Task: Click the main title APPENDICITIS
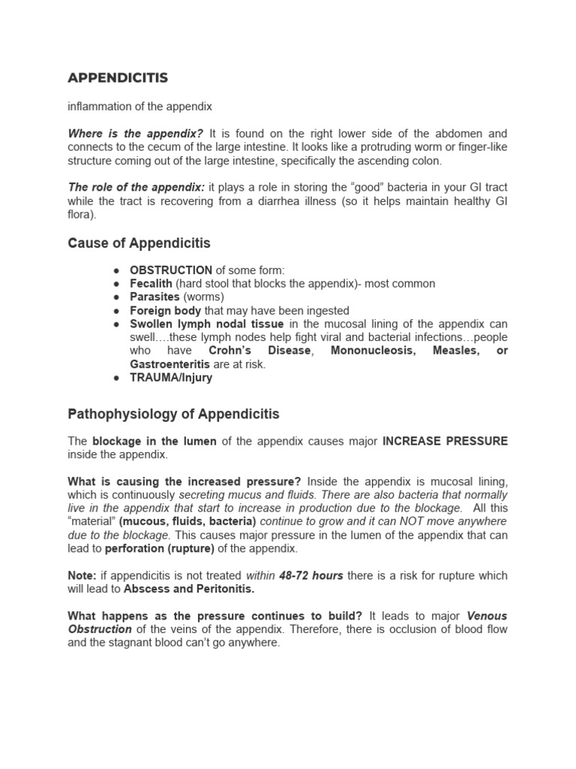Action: click(118, 78)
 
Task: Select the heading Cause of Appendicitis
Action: click(139, 243)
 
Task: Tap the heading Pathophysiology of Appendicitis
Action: click(173, 414)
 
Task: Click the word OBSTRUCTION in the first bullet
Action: click(171, 270)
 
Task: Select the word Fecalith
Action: click(151, 284)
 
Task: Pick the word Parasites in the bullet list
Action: click(154, 297)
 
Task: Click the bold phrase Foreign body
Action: click(165, 311)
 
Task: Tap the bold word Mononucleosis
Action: click(373, 351)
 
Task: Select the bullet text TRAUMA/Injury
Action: click(171, 378)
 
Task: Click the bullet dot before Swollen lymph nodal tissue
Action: click(115, 324)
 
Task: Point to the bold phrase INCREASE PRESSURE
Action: click(445, 442)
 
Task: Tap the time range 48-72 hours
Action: click(311, 576)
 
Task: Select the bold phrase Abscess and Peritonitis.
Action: click(189, 590)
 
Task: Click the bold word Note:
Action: click(82, 576)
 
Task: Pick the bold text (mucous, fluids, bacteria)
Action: click(187, 522)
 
